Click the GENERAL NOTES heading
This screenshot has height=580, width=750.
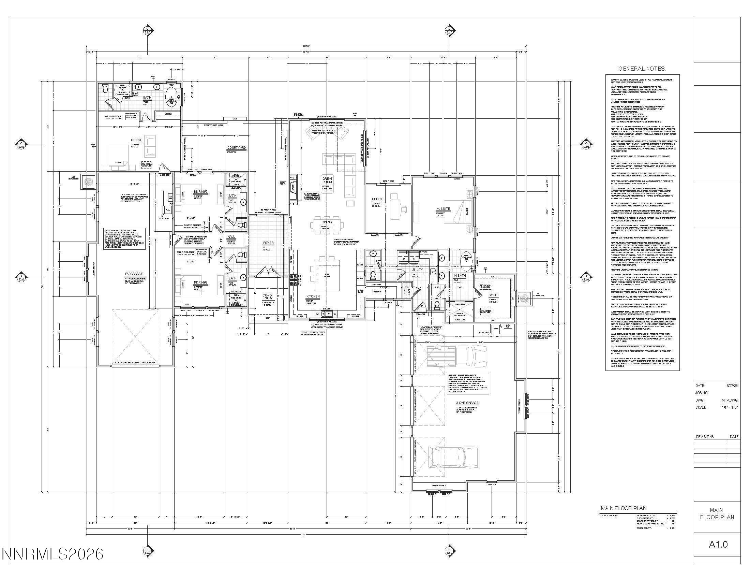pos(642,69)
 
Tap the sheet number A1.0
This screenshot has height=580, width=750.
pos(718,545)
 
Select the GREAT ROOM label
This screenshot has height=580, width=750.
pos(327,180)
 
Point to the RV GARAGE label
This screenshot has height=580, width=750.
pos(134,274)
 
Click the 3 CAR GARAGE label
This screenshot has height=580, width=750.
pos(467,403)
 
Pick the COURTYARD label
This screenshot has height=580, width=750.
pos(237,148)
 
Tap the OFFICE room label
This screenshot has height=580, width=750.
pos(377,199)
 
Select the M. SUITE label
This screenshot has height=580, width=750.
pos(442,208)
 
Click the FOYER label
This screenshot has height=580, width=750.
pos(268,243)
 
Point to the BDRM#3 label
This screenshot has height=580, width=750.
pos(200,191)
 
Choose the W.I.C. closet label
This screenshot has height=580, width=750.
pos(494,295)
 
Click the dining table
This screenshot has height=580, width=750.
pos(327,226)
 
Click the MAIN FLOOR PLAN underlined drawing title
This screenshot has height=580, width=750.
pos(623,508)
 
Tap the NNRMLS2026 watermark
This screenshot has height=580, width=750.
pos(52,553)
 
